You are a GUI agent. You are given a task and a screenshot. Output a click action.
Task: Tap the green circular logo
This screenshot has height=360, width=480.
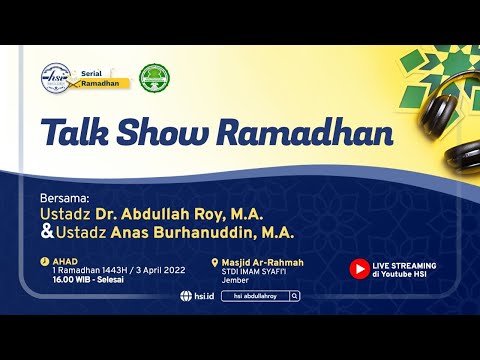[x=153, y=77]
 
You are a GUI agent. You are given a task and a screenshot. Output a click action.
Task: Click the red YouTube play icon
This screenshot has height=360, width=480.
[x=358, y=269]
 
